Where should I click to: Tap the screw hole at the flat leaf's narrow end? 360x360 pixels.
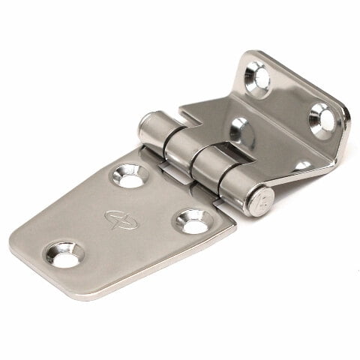tap(66, 254)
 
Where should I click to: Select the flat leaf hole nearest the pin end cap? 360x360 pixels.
tap(193, 221)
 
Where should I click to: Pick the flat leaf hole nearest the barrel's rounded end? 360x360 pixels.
tap(130, 175)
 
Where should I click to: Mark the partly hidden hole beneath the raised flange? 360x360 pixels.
tap(302, 165)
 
